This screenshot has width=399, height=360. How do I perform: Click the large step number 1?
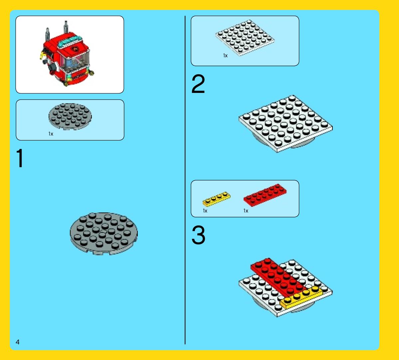[20, 159]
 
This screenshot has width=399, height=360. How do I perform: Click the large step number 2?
[198, 85]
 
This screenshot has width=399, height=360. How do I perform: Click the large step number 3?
[198, 235]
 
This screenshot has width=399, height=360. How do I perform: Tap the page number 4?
[18, 342]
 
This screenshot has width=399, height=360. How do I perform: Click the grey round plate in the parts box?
[70, 116]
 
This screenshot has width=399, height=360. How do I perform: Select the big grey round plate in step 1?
[104, 233]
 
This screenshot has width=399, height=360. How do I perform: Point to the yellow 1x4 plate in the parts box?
[216, 198]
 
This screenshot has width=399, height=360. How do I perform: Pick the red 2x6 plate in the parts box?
[265, 195]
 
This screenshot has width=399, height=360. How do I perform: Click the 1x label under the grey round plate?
[51, 134]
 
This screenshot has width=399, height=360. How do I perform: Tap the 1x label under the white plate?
[225, 56]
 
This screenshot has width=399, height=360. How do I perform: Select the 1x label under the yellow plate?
[205, 211]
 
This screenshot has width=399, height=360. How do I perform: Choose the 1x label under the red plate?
[246, 211]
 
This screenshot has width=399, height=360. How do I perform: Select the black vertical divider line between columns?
[185, 180]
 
